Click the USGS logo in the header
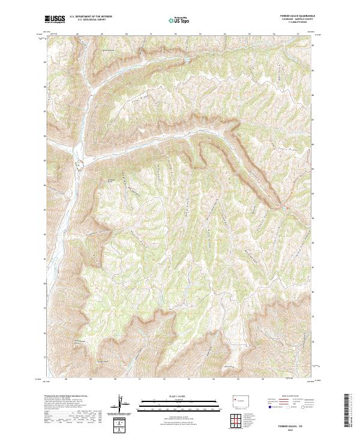coord(55,19)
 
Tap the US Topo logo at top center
coord(178,20)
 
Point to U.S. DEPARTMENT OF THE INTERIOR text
coord(91,17)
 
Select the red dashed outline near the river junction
coord(78,163)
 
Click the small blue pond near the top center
coord(187,61)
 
